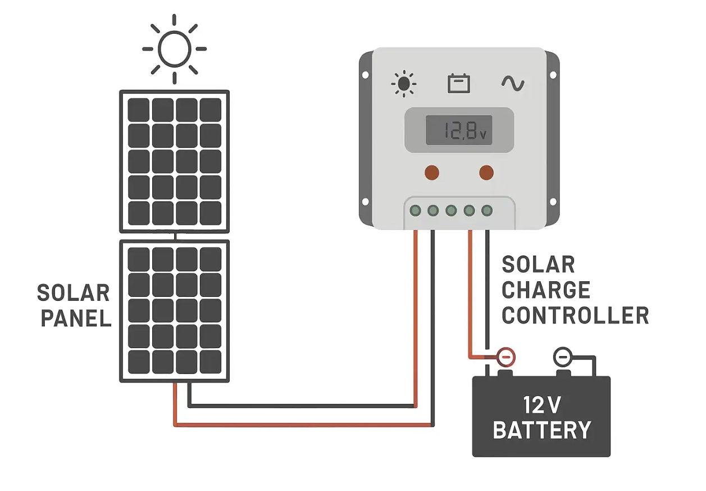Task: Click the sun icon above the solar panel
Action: pyautogui.click(x=174, y=49)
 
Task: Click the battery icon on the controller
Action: pyautogui.click(x=459, y=84)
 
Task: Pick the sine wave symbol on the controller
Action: pyautogui.click(x=512, y=84)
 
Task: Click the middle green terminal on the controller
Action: pyautogui.click(x=451, y=211)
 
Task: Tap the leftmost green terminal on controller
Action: pyautogui.click(x=415, y=211)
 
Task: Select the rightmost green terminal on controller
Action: pyautogui.click(x=487, y=211)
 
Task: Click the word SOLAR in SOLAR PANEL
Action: pyautogui.click(x=73, y=293)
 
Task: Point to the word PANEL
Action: pyautogui.click(x=76, y=319)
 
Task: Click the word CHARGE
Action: pyautogui.click(x=545, y=290)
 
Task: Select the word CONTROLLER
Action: pyautogui.click(x=575, y=316)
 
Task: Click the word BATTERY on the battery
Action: pyautogui.click(x=542, y=430)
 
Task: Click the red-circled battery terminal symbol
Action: pyautogui.click(x=506, y=356)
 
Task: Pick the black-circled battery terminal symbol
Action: pyautogui.click(x=562, y=356)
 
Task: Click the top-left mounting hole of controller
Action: pyautogui.click(x=365, y=74)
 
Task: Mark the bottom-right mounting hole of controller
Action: pyautogui.click(x=553, y=201)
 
